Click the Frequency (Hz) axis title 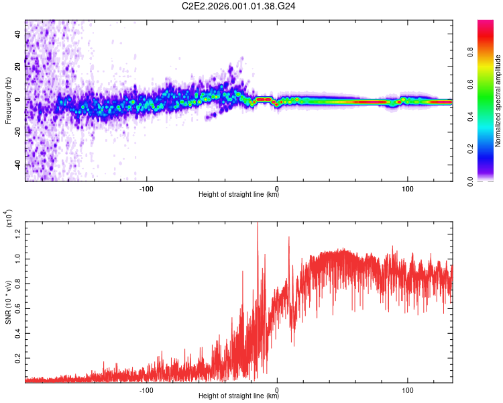click(8, 101)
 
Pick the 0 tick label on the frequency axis click(19, 99)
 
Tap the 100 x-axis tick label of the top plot click(408, 187)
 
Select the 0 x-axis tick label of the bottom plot click(278, 389)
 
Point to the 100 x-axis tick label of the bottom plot click(408, 389)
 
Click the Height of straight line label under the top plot click(239, 195)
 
